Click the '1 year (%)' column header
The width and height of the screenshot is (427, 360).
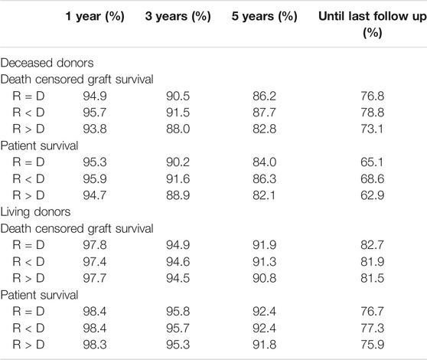point(95,16)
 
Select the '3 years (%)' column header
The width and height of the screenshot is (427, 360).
point(178,16)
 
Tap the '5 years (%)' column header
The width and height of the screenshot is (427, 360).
point(264,16)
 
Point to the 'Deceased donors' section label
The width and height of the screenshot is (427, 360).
point(47,63)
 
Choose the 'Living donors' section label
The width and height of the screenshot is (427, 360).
point(36,211)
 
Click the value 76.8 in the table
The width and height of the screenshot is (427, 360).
point(372,96)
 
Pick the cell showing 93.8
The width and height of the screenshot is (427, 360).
point(95,129)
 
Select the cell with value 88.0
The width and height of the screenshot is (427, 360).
point(178,129)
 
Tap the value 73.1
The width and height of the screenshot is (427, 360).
point(372,129)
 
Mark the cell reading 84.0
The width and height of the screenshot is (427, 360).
point(264,162)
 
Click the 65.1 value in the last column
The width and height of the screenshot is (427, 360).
point(372,162)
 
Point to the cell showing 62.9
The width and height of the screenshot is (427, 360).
point(372,195)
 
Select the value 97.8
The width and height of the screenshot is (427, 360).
point(95,245)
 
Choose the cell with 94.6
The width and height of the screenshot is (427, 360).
point(178,262)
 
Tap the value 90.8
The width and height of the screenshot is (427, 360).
point(264,278)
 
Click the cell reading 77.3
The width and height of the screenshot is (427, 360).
point(372,328)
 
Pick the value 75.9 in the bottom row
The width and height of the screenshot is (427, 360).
point(372,345)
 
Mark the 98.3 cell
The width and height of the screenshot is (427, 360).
point(95,345)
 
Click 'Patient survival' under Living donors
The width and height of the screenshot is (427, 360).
point(39,295)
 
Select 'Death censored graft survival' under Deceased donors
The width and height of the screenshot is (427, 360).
point(77,80)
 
